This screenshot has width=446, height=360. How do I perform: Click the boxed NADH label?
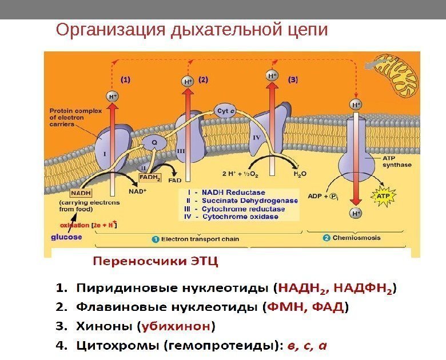tap(71, 193)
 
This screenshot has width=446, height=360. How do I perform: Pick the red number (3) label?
tap(293, 79)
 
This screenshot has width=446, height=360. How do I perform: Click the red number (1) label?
tap(125, 79)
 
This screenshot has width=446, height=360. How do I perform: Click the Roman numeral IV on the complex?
tap(256, 138)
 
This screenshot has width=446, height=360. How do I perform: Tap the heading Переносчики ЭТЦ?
tap(156, 262)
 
